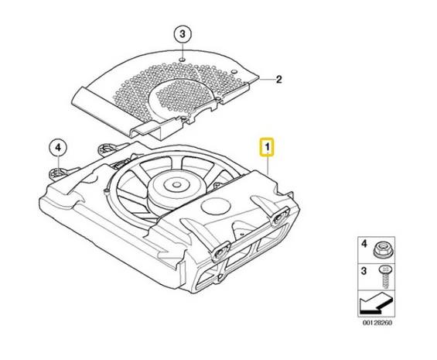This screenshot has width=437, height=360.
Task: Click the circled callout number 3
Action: (183, 35)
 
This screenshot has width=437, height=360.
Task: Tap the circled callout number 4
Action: (58, 148)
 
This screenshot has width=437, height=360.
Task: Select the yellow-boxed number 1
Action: (267, 147)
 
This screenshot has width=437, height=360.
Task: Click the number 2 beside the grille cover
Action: (278, 80)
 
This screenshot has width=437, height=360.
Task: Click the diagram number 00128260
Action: (377, 323)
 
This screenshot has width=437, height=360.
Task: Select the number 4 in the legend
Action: (364, 244)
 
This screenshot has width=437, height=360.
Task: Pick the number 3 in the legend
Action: (364, 271)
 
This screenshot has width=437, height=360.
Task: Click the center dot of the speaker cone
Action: (176, 184)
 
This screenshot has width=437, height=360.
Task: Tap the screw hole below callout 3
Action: (182, 60)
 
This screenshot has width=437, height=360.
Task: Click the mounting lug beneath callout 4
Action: (58, 173)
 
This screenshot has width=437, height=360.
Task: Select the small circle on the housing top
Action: (216, 207)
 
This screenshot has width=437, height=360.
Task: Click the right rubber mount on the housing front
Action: (279, 216)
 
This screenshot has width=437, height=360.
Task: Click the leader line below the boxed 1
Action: (268, 165)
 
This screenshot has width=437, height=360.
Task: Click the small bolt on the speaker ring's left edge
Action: (106, 191)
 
